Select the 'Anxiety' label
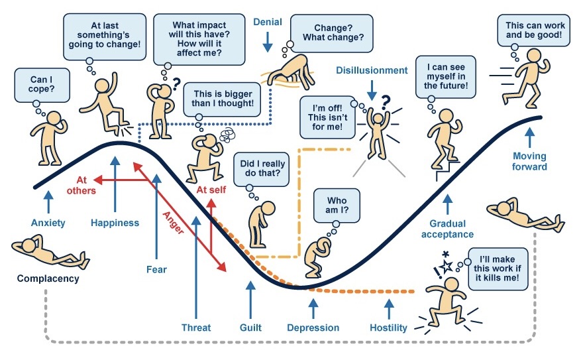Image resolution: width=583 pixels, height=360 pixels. (x=48, y=223)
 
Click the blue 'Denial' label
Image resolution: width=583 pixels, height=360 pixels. (x=268, y=22)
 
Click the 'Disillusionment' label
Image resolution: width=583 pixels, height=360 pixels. (x=372, y=70)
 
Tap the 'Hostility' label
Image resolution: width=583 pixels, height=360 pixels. (x=389, y=328)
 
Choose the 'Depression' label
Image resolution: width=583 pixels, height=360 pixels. (x=313, y=328)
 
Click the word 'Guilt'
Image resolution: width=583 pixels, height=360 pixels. (x=250, y=328)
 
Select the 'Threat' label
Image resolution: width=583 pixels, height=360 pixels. (x=196, y=328)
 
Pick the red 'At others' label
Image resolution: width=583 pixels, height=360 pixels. (x=81, y=185)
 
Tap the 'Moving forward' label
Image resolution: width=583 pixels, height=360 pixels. (x=529, y=161)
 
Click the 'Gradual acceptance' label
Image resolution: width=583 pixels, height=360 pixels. (x=447, y=229)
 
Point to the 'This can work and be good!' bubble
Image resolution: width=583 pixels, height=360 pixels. (x=535, y=31)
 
